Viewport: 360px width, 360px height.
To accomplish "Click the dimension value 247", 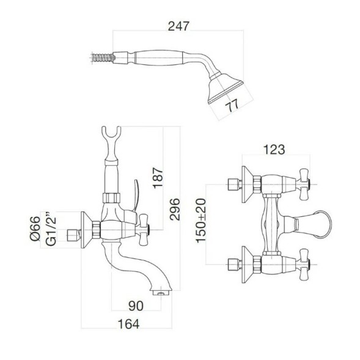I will (179, 26).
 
